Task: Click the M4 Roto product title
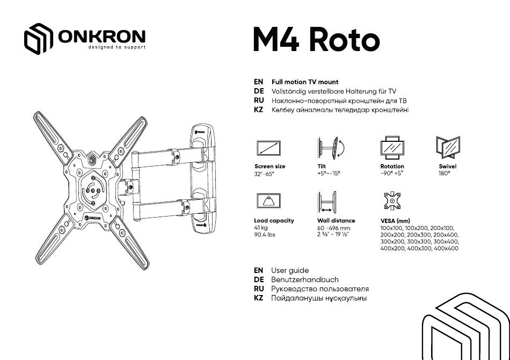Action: point(317,39)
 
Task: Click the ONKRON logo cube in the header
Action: point(38,38)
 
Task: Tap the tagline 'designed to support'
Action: point(117,47)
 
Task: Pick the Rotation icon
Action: point(392,148)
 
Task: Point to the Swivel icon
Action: point(448,147)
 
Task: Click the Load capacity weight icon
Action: point(268,201)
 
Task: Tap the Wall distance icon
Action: point(327,203)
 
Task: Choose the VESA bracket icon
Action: point(392,201)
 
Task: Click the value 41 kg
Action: point(261,228)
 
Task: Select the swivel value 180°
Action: point(445,174)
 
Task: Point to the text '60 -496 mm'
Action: point(334,228)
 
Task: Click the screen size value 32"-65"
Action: point(264,174)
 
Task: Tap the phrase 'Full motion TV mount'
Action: point(305,82)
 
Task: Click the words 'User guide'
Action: point(290,270)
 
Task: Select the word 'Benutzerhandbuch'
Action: point(305,279)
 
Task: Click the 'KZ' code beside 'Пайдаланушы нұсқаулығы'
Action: point(259,298)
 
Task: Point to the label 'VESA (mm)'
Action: point(395,221)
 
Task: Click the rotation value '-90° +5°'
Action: point(392,174)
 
